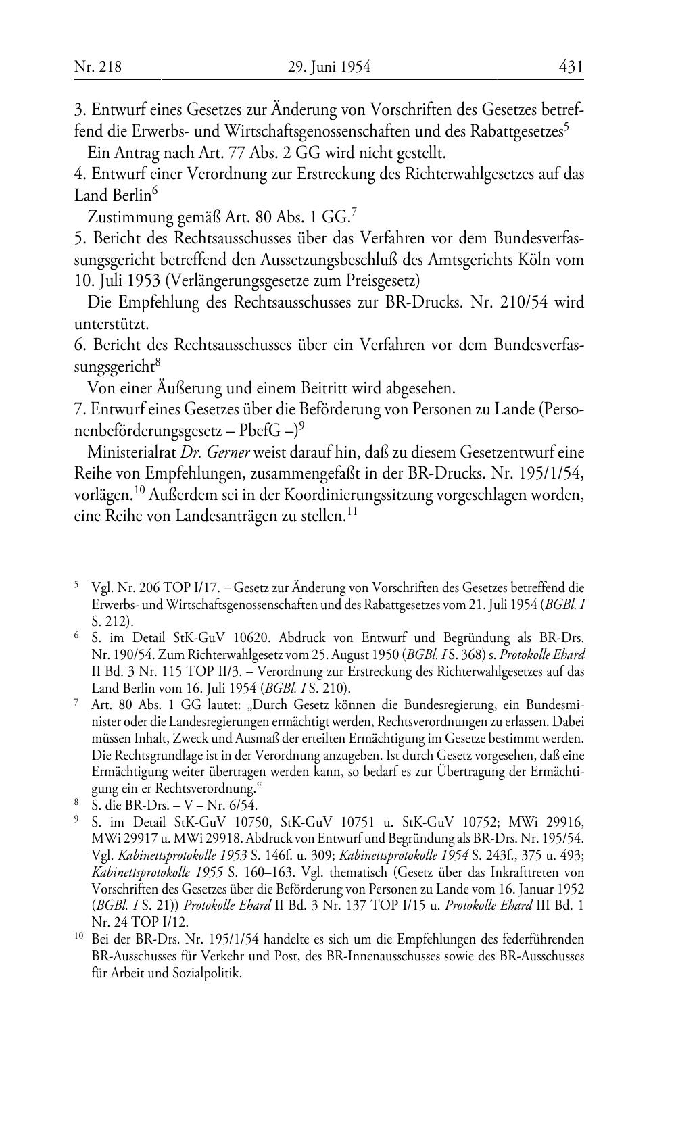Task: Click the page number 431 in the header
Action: pos(571,67)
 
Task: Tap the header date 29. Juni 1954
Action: pos(329,67)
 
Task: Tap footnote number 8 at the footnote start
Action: pos(78,804)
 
